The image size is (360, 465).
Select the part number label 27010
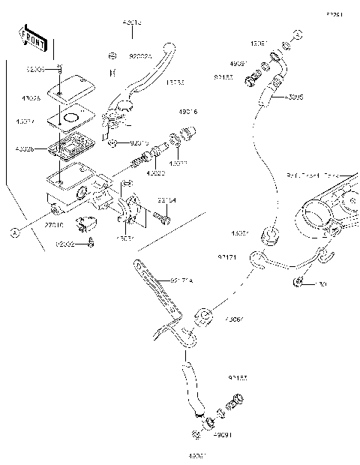point(53,223)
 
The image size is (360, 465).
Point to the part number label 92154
point(166,200)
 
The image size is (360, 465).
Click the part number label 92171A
point(181,280)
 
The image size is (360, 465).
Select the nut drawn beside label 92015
point(111,142)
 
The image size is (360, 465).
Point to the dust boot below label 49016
point(178,141)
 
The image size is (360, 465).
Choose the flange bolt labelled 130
point(299,282)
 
